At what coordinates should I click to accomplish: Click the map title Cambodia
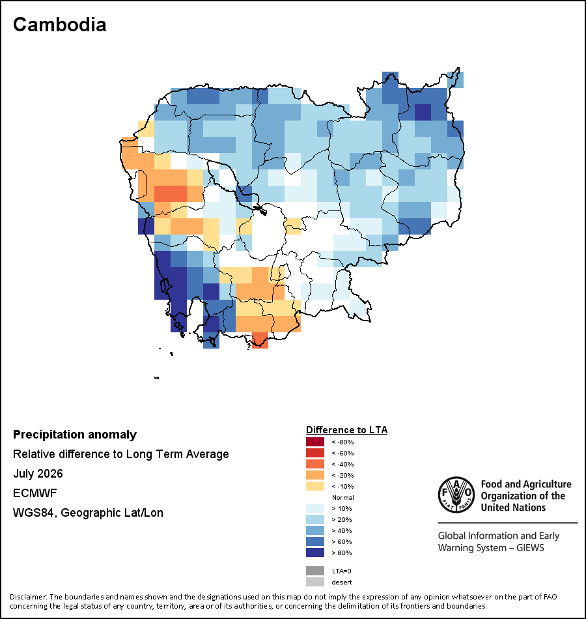click(60, 25)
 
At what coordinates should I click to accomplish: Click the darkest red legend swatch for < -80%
click(315, 442)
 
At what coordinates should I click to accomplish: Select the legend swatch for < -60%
click(315, 453)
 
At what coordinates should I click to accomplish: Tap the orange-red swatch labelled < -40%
click(315, 464)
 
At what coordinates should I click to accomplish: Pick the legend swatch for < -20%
click(315, 475)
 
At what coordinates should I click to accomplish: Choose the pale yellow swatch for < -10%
click(315, 486)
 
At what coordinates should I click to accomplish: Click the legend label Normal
click(343, 497)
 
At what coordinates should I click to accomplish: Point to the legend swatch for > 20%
click(315, 519)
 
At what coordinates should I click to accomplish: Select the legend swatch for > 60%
click(315, 541)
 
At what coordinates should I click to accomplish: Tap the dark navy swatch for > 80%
click(315, 553)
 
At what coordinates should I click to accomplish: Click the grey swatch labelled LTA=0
click(315, 571)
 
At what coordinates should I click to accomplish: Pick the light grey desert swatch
click(315, 582)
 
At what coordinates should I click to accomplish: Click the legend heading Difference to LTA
click(346, 430)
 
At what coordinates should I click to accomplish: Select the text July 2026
click(38, 474)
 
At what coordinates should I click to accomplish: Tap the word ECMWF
click(35, 493)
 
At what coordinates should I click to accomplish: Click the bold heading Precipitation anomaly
click(75, 435)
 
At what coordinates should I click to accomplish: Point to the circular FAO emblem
click(456, 495)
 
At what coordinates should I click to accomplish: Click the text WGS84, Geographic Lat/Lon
click(88, 513)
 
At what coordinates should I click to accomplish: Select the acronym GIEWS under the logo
click(530, 548)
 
